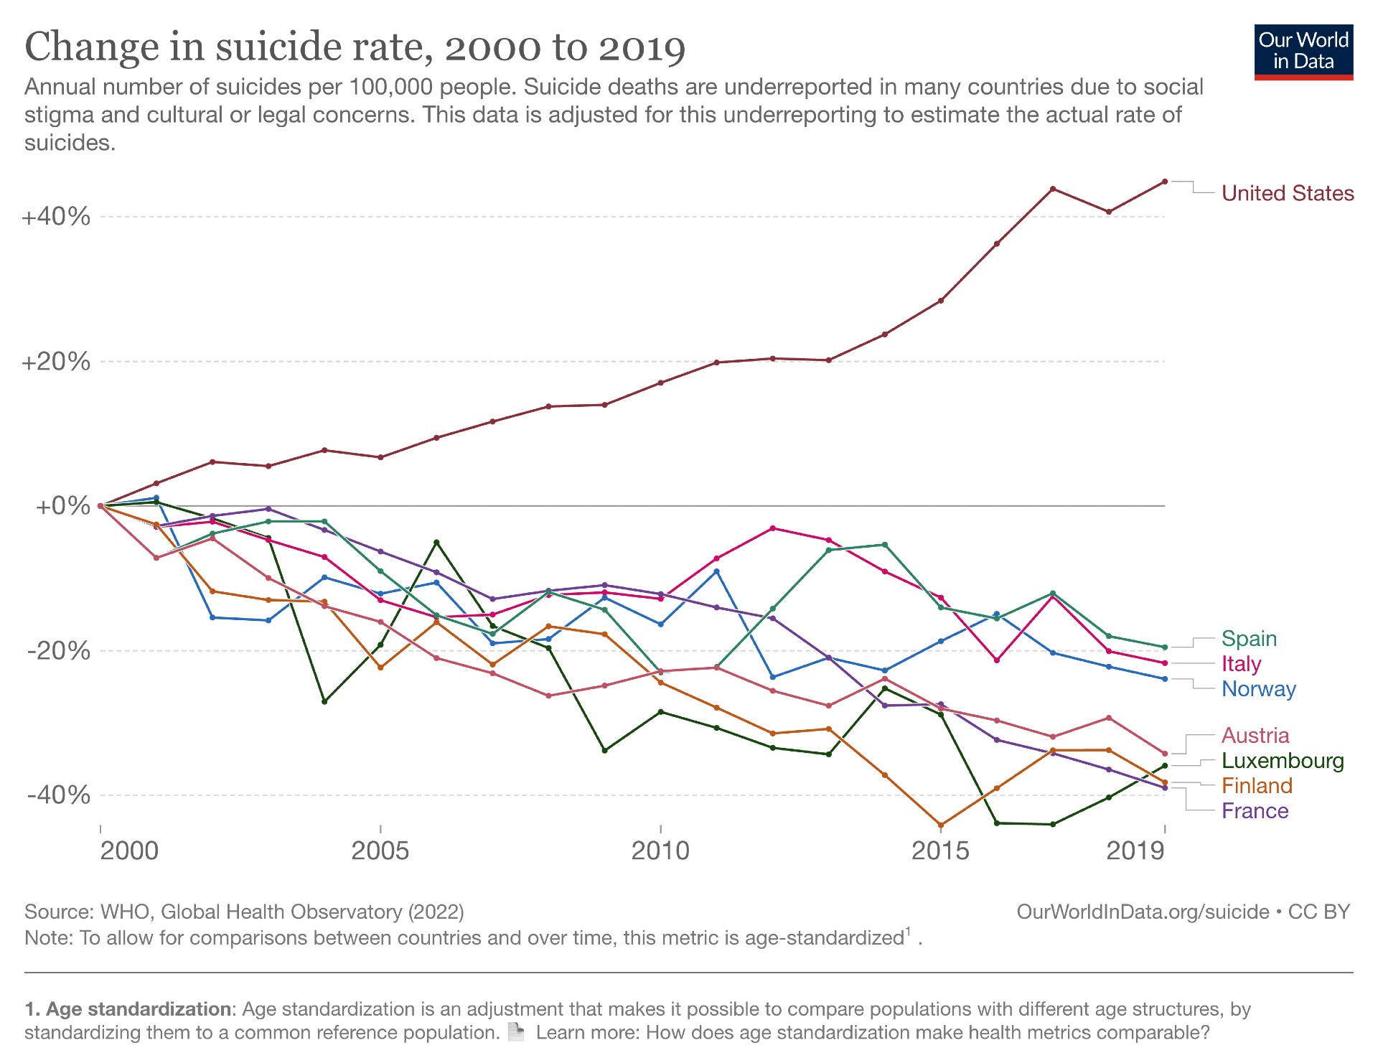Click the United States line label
pyautogui.click(x=1287, y=193)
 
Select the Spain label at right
pyautogui.click(x=1249, y=639)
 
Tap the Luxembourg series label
pyautogui.click(x=1282, y=761)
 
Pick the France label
pyautogui.click(x=1255, y=811)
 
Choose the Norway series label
pyautogui.click(x=1258, y=689)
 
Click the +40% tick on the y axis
pyautogui.click(x=56, y=216)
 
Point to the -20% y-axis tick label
pyautogui.click(x=58, y=651)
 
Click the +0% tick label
pyautogui.click(x=62, y=506)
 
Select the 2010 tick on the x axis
pyautogui.click(x=660, y=851)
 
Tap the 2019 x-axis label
pyautogui.click(x=1134, y=851)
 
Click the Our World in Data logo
pyautogui.click(x=1303, y=52)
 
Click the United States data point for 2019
pyautogui.click(x=1164, y=182)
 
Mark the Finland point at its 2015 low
pyautogui.click(x=940, y=825)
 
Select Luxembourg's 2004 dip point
pyautogui.click(x=324, y=701)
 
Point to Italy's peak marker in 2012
pyautogui.click(x=772, y=528)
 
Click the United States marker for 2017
pyautogui.click(x=1052, y=189)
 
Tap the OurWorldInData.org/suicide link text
pyautogui.click(x=1143, y=912)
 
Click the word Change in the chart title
pyautogui.click(x=92, y=47)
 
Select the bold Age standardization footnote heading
pyautogui.click(x=128, y=1009)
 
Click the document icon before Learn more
pyautogui.click(x=515, y=1032)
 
